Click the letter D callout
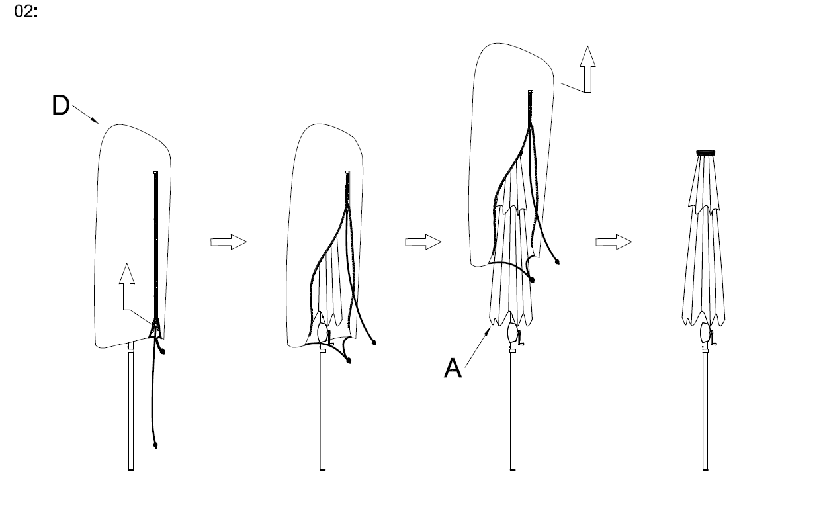point(61,106)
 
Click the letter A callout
point(453,368)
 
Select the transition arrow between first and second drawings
point(228,242)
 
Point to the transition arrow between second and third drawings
point(423,242)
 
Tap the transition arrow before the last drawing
point(613,242)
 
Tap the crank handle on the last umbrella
point(713,341)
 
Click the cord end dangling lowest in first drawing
point(155,445)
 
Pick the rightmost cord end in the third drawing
point(558,261)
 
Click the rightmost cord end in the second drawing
point(374,344)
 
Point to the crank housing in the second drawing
point(323,332)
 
